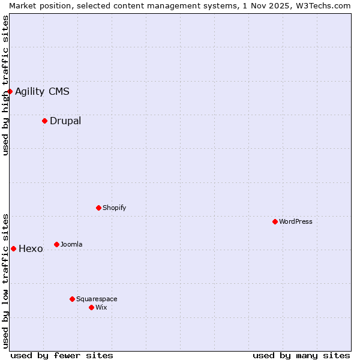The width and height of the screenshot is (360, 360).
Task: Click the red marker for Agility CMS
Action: coord(10,91)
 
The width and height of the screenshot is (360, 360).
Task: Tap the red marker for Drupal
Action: coord(45,121)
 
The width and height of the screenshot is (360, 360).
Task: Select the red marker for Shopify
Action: coord(99,208)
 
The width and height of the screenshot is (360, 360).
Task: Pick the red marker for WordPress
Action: coord(275,221)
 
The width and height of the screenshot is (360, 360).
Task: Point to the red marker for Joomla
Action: coord(57,244)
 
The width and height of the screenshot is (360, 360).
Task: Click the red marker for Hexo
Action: coord(13,248)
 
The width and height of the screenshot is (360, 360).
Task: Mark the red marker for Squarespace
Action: coord(73,299)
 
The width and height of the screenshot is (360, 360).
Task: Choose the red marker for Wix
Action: coord(92,307)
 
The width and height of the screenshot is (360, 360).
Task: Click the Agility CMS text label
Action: coord(42,91)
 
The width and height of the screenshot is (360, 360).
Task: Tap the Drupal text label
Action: coord(65,121)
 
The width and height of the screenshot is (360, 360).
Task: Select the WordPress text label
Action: coord(296,221)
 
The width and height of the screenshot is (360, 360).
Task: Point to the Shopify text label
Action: coord(115,208)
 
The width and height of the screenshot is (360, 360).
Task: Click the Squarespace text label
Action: coord(97,299)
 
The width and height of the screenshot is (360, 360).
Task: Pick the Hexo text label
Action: coord(31,248)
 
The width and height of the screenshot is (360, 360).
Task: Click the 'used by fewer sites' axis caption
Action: coord(62,355)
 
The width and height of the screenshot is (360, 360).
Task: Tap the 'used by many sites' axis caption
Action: coord(301,355)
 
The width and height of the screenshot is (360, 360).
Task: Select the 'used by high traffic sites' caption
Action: coord(5,85)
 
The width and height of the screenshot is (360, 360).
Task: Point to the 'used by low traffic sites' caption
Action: coord(5,280)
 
